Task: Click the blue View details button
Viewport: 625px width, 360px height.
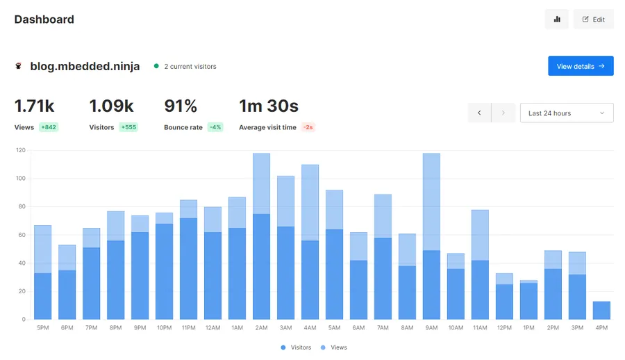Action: [581, 66]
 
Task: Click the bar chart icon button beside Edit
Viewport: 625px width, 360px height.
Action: [557, 19]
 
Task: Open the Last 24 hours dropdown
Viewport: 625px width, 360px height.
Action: [567, 113]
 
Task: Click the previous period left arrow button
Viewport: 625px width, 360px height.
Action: [479, 113]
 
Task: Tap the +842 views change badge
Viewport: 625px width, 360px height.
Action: [49, 127]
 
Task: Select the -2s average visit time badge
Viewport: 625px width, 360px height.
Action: [308, 127]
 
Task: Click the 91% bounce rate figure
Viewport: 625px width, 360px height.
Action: [181, 106]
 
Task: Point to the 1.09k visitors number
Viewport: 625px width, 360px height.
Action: [111, 106]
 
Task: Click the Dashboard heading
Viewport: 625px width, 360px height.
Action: [44, 19]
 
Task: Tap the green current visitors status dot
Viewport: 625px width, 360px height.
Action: [156, 66]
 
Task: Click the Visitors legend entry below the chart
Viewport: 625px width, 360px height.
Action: [296, 347]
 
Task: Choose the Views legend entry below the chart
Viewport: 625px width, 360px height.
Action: [333, 347]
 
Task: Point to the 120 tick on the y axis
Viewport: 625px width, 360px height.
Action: [21, 150]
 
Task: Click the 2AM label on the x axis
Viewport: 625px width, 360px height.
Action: [262, 327]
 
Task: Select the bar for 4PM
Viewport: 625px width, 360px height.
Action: [601, 311]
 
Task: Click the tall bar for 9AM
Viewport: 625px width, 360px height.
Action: [431, 236]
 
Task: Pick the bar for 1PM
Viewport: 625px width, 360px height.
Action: [528, 300]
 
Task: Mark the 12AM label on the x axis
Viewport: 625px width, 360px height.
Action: [213, 327]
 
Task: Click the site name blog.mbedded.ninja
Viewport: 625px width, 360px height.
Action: [85, 66]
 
